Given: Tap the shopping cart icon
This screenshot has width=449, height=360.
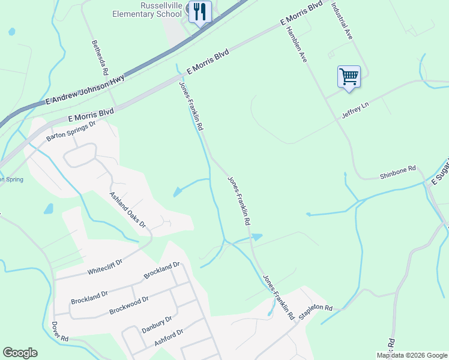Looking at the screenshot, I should pyautogui.click(x=349, y=76).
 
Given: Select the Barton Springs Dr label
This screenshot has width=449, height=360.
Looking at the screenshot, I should pyautogui.click(x=71, y=132).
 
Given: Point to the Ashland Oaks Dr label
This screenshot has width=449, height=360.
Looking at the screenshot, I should pyautogui.click(x=128, y=209).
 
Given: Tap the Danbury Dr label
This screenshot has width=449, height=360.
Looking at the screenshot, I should pyautogui.click(x=157, y=325).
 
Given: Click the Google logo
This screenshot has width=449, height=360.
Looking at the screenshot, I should pyautogui.click(x=20, y=353).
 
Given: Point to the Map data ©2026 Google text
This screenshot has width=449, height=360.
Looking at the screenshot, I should pyautogui.click(x=412, y=355).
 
